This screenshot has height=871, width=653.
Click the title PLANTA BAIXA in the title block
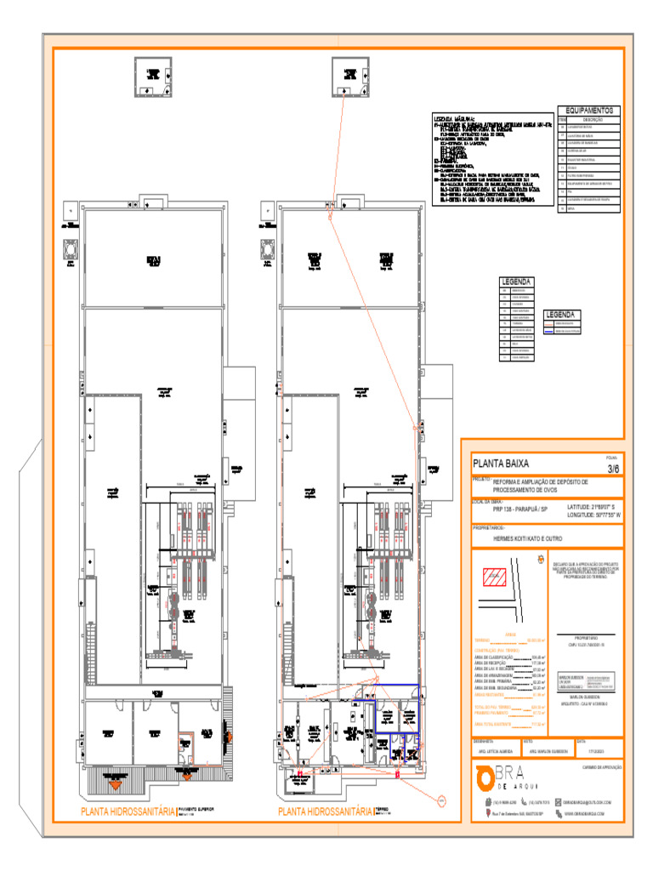click(x=502, y=464)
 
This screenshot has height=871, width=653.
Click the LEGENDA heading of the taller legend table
click(x=517, y=282)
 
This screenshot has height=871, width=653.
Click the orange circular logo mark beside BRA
click(x=485, y=778)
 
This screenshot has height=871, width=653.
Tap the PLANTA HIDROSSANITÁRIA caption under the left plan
click(x=128, y=812)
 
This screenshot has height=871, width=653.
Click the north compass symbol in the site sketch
click(x=539, y=561)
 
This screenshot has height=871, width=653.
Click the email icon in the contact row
click(x=557, y=802)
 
